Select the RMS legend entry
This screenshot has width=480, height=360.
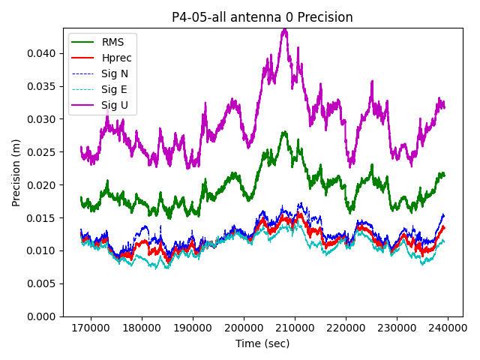click(x=114, y=42)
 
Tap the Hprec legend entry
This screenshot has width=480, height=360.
click(x=116, y=58)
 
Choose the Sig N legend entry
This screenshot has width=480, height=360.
click(x=115, y=73)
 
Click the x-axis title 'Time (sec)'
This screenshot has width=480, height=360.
click(x=262, y=343)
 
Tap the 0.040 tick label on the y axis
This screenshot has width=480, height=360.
click(x=41, y=53)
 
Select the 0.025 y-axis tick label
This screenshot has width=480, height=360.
click(x=41, y=152)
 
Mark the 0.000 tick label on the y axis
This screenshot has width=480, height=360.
click(x=41, y=316)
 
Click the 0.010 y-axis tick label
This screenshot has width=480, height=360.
click(x=41, y=250)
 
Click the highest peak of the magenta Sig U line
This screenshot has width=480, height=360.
click(x=284, y=29)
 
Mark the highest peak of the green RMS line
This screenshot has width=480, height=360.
click(x=284, y=132)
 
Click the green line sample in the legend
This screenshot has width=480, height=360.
click(x=84, y=42)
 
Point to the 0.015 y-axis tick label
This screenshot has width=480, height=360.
click(x=41, y=217)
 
